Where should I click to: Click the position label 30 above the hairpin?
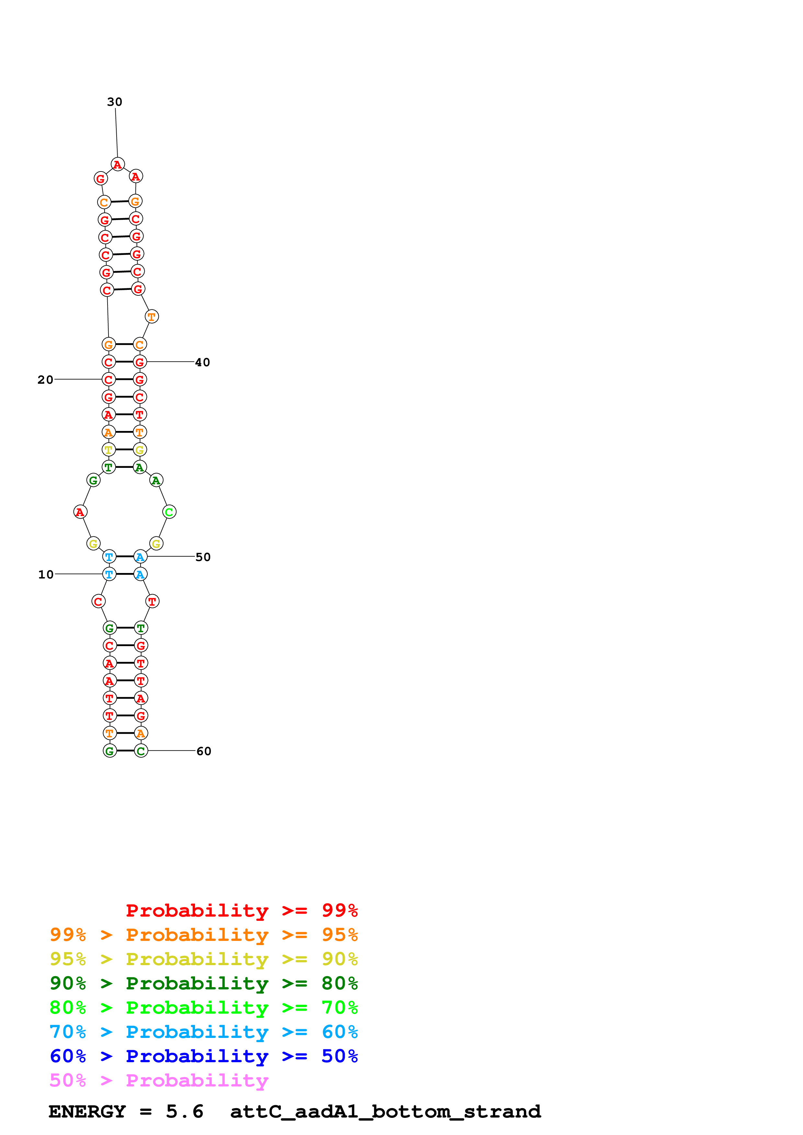coord(114,102)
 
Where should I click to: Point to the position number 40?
coord(202,362)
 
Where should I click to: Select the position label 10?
coord(46,574)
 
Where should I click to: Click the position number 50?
coord(203,557)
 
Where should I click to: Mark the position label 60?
coord(204,751)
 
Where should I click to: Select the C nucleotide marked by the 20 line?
coord(109,380)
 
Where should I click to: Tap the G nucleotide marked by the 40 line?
coord(140,362)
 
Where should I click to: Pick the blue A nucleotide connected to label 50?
coord(141,557)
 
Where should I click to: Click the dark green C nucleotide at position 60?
coord(141,751)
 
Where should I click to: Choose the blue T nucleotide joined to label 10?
coord(109,574)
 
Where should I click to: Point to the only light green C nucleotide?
coord(169,512)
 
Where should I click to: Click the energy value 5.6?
coord(185,1112)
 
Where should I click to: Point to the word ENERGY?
coord(87,1112)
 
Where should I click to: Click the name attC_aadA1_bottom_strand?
coord(385,1112)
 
